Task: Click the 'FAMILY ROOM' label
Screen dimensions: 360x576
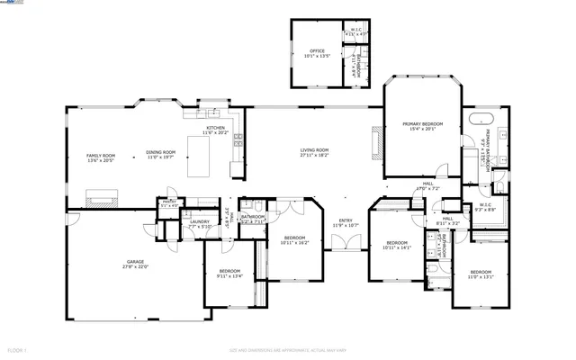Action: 101,156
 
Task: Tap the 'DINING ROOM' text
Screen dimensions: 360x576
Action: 161,153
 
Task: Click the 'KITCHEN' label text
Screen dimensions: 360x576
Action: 216,129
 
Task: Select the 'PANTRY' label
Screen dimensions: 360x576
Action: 168,202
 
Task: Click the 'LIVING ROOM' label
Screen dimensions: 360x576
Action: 314,150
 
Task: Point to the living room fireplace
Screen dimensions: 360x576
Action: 373,142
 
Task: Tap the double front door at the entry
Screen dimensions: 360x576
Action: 341,241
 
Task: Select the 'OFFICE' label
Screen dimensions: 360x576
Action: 317,51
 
